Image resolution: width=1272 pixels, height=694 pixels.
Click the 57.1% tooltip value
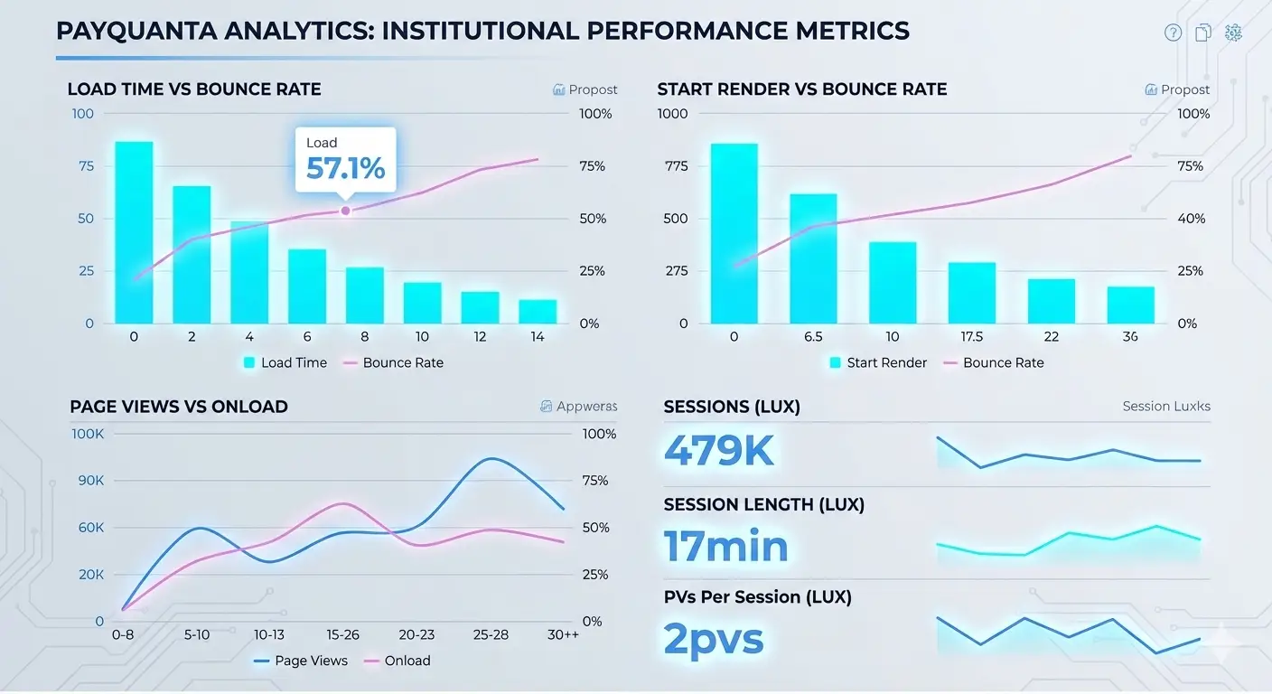(345, 168)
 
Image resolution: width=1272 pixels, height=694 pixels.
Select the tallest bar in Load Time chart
(134, 232)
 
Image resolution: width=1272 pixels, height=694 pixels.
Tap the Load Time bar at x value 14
(538, 312)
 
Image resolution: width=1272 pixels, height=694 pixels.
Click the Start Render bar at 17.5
(972, 293)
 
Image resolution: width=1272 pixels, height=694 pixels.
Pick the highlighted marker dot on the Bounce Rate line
(345, 211)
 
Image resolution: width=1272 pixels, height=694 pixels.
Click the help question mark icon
(1173, 33)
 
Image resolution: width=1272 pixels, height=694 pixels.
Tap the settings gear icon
(1233, 33)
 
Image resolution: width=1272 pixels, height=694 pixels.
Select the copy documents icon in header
(1203, 33)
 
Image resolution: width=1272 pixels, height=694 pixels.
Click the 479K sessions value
(719, 451)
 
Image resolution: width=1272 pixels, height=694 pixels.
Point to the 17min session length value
(726, 546)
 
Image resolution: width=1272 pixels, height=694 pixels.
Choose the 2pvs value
(714, 638)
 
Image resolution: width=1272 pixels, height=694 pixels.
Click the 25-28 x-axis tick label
(491, 634)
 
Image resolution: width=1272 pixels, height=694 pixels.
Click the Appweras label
(586, 407)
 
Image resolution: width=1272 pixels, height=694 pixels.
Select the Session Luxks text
(1165, 407)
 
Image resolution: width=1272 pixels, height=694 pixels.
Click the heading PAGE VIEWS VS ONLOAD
(179, 407)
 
